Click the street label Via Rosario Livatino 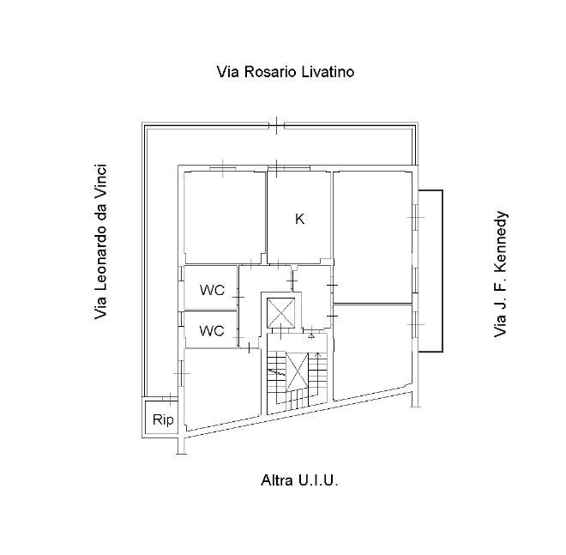point(286,72)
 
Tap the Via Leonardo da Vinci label point(100,242)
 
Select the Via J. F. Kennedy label point(500,274)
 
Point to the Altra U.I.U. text point(299,480)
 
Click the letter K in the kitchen point(299,219)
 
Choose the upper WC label point(212,290)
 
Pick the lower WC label point(212,330)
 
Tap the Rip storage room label point(163,419)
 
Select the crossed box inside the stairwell point(297,372)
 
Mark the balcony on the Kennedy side point(431,271)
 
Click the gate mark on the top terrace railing point(276,125)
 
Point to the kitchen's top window point(289,168)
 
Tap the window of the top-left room point(223,168)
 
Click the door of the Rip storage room point(169,398)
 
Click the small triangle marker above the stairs point(311,336)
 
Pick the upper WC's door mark point(238,297)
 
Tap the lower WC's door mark point(238,338)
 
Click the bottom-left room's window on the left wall point(182,373)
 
